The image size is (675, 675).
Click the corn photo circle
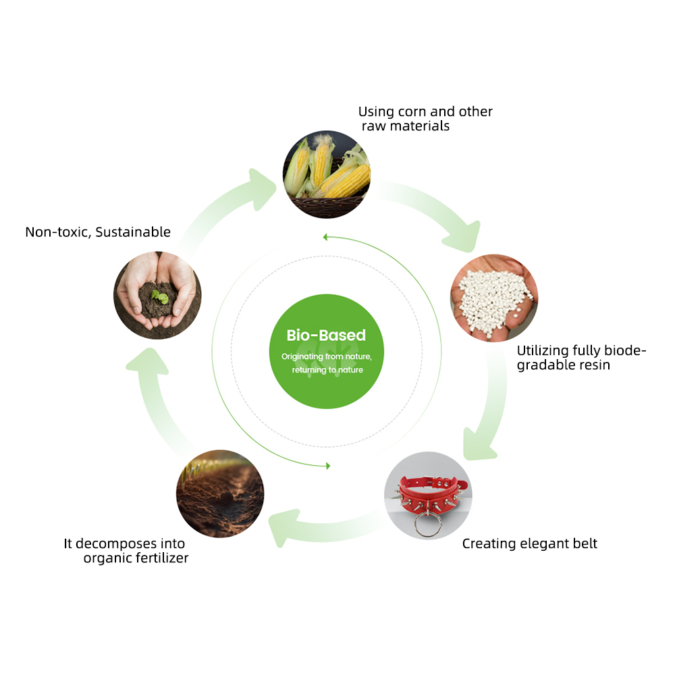point(326,174)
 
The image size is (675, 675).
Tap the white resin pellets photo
point(494,298)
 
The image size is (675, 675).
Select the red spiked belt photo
point(428,495)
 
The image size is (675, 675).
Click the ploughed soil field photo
point(220,494)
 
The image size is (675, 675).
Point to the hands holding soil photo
point(157,296)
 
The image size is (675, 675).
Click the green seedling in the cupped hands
point(160,296)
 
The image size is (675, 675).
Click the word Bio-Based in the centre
point(326,335)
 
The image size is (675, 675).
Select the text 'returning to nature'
point(327,370)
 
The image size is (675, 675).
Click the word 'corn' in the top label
point(412,111)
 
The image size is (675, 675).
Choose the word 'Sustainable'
point(133,232)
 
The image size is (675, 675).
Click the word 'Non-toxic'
point(58,232)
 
